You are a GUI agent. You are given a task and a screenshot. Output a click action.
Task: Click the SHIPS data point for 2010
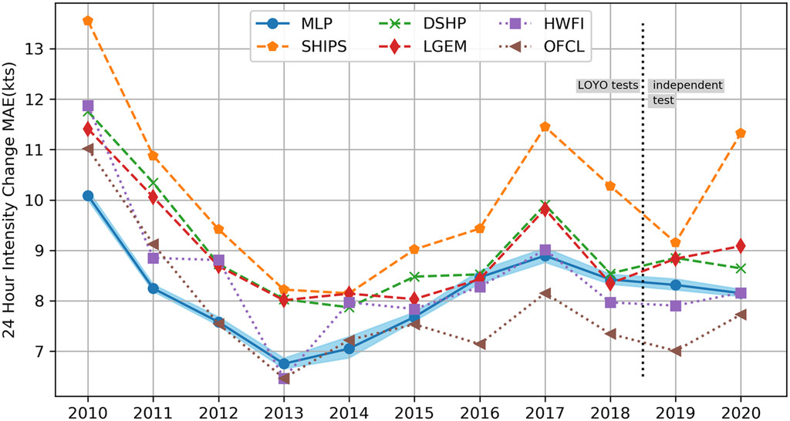(88, 21)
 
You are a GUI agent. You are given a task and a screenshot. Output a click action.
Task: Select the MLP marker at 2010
(88, 196)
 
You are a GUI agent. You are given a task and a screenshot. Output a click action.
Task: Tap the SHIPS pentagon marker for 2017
(545, 126)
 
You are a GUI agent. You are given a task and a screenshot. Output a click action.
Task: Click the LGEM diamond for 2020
(741, 246)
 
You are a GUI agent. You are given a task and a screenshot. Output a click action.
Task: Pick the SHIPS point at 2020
(741, 133)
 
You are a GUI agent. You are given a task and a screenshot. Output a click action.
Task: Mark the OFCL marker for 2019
(676, 351)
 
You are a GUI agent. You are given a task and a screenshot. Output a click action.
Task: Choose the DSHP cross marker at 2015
(414, 276)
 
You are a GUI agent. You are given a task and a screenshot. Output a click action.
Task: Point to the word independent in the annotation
(687, 86)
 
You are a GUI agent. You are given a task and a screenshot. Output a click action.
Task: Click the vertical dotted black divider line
(643, 231)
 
